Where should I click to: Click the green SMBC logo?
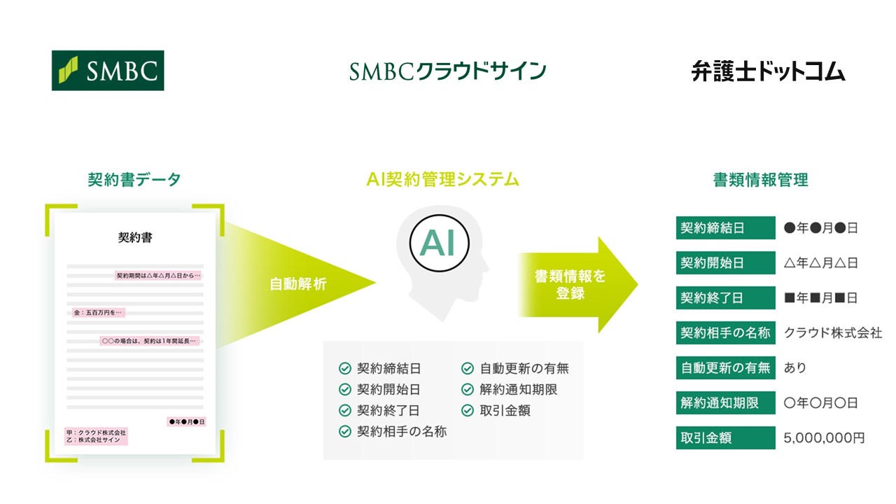(108, 70)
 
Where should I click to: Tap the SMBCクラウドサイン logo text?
(448, 71)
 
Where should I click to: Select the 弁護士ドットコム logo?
(768, 71)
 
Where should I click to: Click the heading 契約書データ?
(134, 180)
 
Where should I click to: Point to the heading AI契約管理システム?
(442, 180)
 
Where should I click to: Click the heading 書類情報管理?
(760, 180)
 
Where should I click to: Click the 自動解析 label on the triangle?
(297, 284)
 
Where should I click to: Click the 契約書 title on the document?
(135, 238)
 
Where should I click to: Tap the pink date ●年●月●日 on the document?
(186, 422)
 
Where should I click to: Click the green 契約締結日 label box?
(725, 228)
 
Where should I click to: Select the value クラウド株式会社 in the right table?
(833, 333)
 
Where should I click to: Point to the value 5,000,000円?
(824, 438)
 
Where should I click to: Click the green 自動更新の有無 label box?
(725, 368)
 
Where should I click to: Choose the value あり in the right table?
(795, 368)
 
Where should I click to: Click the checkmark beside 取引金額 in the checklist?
(468, 411)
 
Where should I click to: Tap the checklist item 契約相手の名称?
(401, 432)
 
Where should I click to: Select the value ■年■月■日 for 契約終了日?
(820, 298)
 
